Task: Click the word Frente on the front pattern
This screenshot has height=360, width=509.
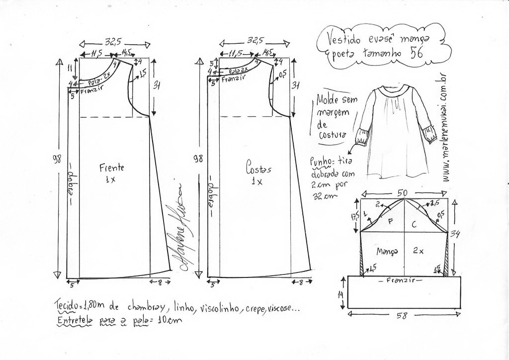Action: tap(111, 168)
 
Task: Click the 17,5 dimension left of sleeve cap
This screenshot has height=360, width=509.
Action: tap(354, 218)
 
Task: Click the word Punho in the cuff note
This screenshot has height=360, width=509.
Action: tap(318, 161)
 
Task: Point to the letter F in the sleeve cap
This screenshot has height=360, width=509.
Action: tap(391, 223)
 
